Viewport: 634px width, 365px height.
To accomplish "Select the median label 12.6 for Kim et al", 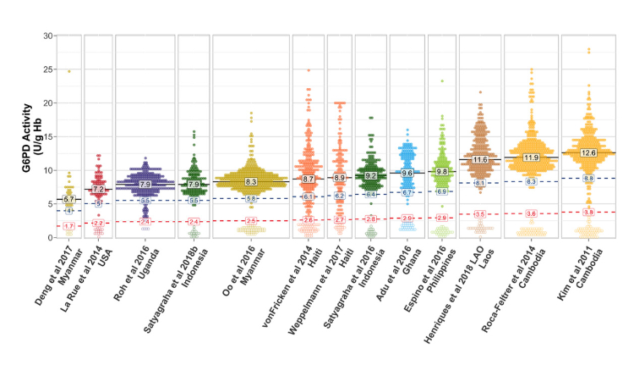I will click(589, 152).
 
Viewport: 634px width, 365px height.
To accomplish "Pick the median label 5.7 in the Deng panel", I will click(69, 199).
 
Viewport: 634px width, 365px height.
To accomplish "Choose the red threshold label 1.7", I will click(69, 226).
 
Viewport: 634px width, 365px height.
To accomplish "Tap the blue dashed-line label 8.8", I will click(589, 179).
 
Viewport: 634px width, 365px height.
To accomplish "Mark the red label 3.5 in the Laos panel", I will click(479, 214).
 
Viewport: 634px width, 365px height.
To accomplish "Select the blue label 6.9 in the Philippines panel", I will click(441, 192).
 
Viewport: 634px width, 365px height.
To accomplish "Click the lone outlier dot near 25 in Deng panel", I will click(69, 71).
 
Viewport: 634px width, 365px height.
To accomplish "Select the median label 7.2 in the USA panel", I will click(98, 189).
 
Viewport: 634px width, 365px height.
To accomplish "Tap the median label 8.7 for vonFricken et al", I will click(308, 179).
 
